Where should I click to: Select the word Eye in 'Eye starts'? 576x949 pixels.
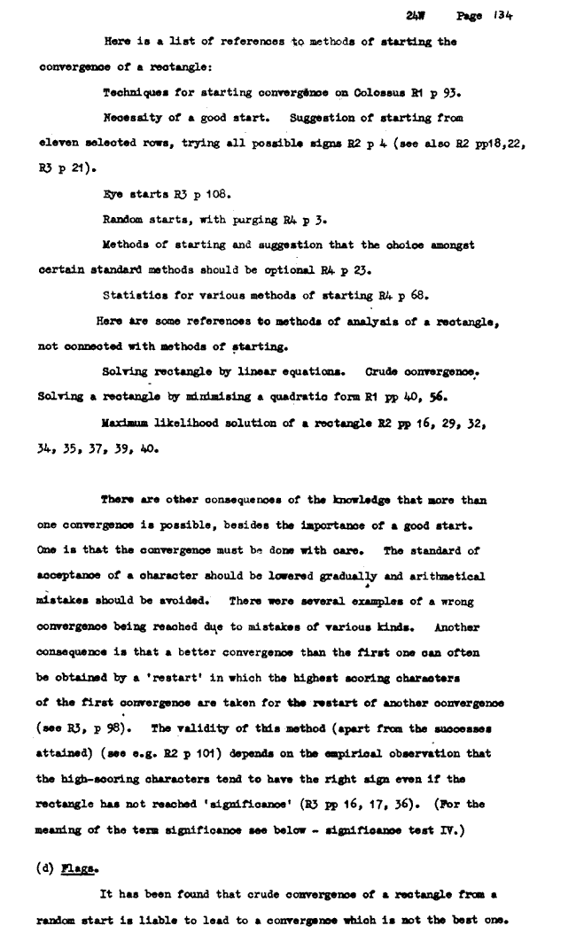pyautogui.click(x=113, y=191)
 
